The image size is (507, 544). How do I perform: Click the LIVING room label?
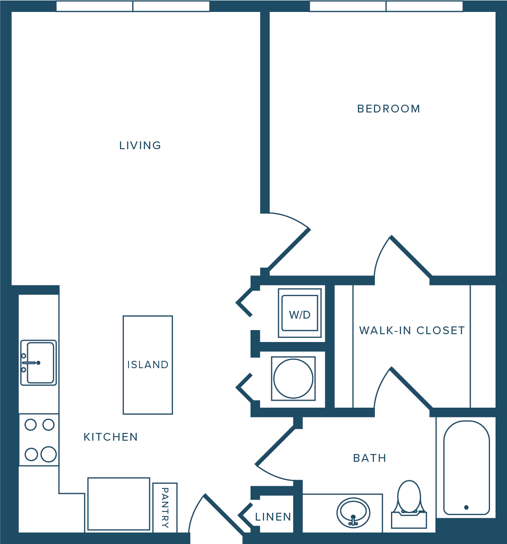140,146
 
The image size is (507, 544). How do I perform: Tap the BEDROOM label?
389,109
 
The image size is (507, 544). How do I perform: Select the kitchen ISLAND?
148,365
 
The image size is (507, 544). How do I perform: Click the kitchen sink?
39,363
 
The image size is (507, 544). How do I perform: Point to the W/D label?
300,314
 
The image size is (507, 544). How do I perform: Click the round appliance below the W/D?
293,379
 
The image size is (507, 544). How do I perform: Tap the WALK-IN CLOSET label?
412,330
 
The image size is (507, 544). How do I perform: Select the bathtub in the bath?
467,468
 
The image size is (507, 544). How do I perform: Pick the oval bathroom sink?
353,513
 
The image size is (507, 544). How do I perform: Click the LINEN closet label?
273,517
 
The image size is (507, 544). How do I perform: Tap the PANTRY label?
165,508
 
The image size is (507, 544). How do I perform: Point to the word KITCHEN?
111,437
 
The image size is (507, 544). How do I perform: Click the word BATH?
369,458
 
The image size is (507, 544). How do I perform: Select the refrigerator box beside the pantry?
118,504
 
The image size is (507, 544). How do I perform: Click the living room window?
133,6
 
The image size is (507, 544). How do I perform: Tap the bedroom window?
386,6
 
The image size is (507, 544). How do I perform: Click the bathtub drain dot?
467,507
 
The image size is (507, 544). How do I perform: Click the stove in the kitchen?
39,440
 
